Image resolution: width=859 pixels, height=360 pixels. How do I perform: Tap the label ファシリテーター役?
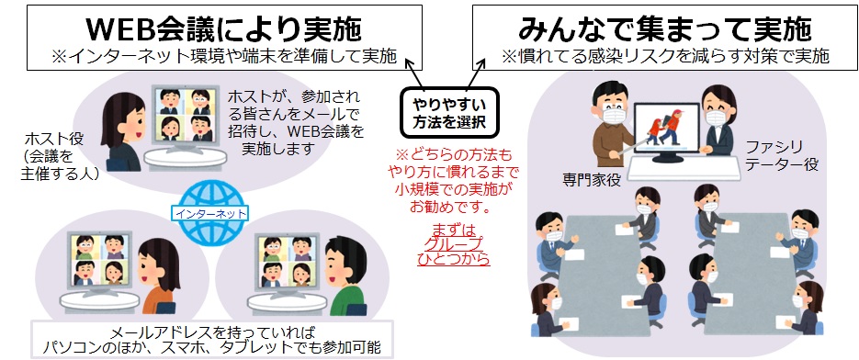pyautogui.click(x=786, y=156)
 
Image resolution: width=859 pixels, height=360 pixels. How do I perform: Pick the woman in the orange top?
pyautogui.click(x=159, y=276)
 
